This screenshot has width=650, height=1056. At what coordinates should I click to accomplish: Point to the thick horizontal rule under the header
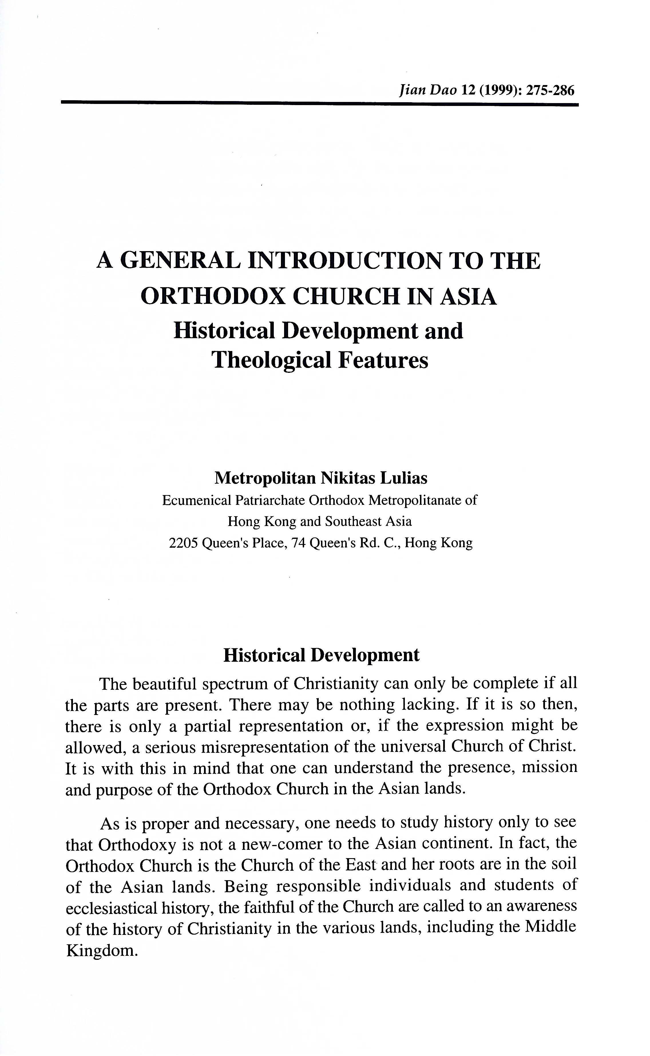pyautogui.click(x=320, y=104)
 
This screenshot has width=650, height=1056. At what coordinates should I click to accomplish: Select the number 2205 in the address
pyautogui.click(x=184, y=543)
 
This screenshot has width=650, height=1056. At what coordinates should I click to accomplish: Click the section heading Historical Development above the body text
pyautogui.click(x=321, y=655)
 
